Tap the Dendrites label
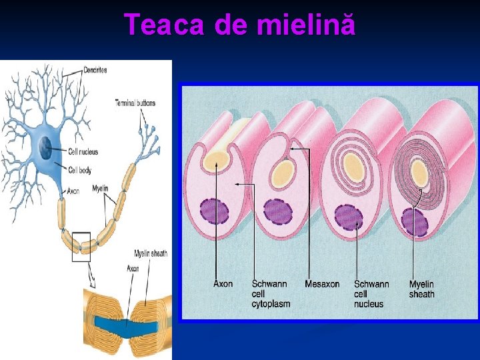point(95,70)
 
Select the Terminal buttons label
point(135,103)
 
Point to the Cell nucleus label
point(84,151)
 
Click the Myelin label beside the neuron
point(100,188)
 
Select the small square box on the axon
point(81,246)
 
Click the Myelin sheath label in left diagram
point(150,253)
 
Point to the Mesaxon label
point(322,284)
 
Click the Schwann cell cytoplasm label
point(271,294)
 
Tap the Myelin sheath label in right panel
point(421,289)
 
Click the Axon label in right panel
point(223,284)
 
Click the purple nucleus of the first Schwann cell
point(215,211)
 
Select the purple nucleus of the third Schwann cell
point(349,217)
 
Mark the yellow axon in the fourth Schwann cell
point(419,174)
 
